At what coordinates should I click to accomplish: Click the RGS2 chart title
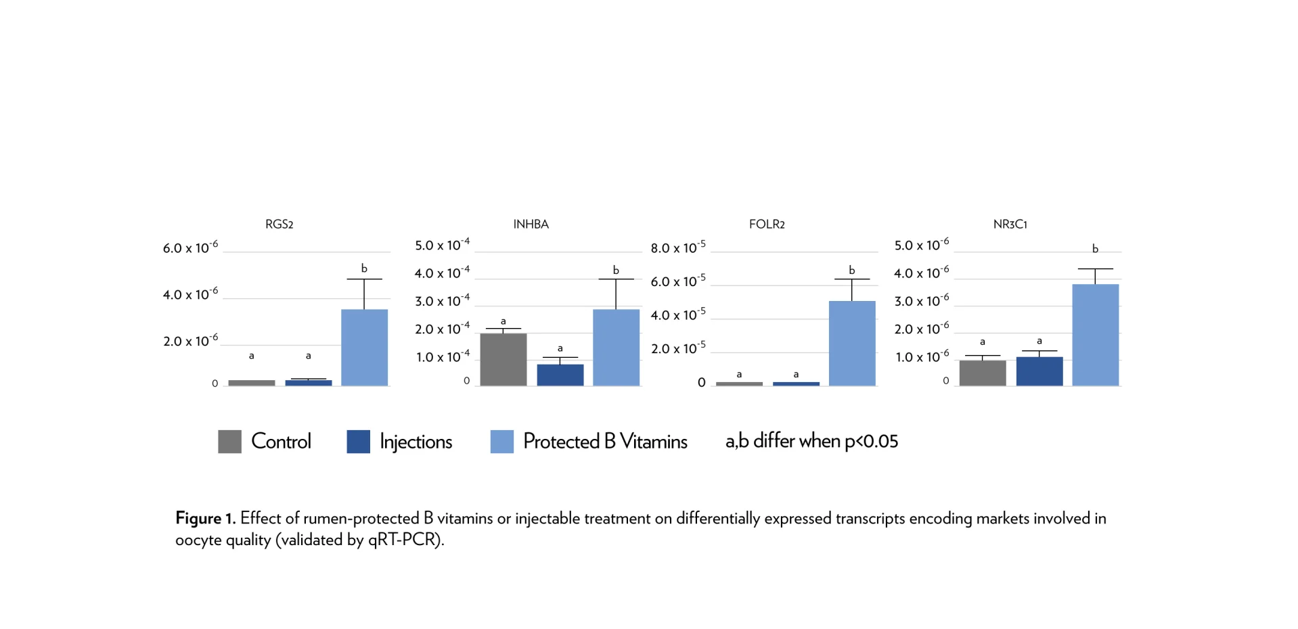coord(279,224)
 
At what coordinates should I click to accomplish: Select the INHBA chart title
coord(531,224)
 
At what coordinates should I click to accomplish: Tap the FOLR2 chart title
coord(767,224)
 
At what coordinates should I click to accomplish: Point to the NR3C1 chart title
coord(1010,224)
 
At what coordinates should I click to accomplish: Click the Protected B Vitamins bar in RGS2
coord(364,348)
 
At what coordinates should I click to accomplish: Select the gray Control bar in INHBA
coord(503,359)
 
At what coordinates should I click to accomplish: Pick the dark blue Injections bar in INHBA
coord(560,375)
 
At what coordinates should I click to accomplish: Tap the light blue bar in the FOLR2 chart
coord(852,344)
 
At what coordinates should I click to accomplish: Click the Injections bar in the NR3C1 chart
coord(1039,371)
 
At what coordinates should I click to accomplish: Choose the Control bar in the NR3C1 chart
coord(982,373)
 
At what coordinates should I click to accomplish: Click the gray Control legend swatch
coord(229,442)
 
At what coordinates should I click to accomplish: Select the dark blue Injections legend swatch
coord(358,442)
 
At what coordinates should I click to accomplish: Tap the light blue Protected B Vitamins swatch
coord(501,442)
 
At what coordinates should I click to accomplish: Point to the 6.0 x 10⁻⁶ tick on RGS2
coord(190,248)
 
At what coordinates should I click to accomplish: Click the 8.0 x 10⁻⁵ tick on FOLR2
coord(677,248)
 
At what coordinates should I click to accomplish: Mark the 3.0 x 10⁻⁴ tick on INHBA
coord(442,301)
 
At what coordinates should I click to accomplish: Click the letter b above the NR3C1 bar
coord(1095,249)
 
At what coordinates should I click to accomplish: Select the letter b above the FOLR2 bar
coord(851,270)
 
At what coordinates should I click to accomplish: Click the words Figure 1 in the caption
coord(204,518)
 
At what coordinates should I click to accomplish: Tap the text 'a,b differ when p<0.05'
coord(811,441)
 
